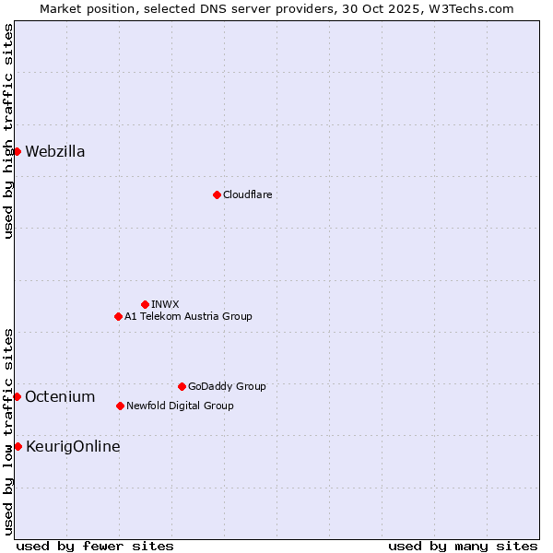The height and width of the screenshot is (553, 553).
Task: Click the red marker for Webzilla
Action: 17,151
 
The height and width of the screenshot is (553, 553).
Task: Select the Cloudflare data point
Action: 217,194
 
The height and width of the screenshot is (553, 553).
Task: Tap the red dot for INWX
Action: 145,304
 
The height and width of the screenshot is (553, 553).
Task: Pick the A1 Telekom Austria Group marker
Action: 118,316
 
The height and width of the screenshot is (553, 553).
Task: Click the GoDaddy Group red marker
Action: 182,386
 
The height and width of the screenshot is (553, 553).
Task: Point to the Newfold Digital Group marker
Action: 120,406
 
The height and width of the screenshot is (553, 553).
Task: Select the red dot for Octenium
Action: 17,396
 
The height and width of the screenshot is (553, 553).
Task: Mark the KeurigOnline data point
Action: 18,446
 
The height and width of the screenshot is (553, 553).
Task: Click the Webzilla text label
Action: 55,152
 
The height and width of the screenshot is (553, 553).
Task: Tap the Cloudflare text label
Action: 247,194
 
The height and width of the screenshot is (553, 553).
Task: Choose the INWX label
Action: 165,304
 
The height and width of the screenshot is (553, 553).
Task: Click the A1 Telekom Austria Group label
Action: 188,316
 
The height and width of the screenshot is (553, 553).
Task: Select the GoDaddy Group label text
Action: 227,386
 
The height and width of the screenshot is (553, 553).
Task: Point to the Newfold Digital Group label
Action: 180,406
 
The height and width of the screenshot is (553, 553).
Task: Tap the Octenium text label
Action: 60,397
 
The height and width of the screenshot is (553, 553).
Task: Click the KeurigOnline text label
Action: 73,447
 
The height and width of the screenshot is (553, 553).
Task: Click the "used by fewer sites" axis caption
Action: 95,546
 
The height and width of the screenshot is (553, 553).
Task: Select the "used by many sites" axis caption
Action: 463,546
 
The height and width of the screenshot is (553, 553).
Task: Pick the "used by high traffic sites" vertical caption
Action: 8,131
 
